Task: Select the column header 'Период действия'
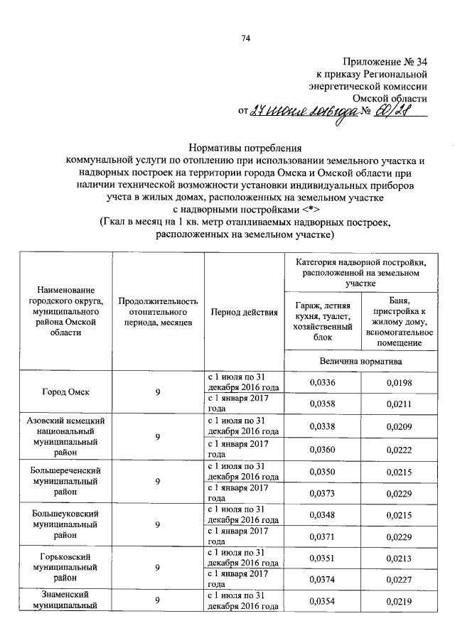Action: coord(245,313)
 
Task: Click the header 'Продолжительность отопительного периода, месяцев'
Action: coord(158,313)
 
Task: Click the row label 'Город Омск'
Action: coord(65,391)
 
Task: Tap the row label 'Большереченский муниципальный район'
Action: coord(65,481)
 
